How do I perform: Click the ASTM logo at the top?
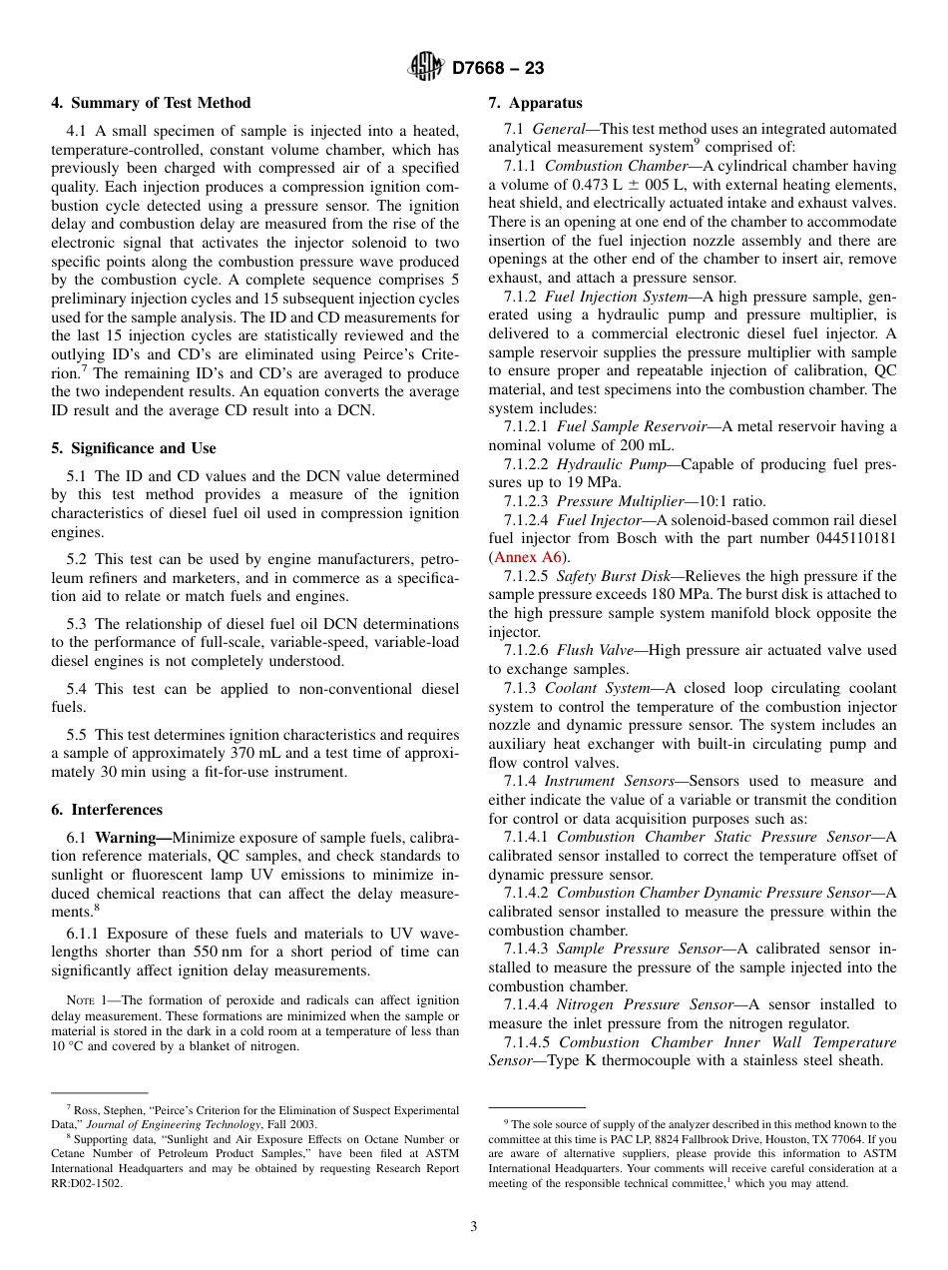tap(426, 68)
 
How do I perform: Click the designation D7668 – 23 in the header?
tap(498, 69)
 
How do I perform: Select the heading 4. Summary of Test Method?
tap(151, 103)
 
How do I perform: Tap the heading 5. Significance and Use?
tap(134, 448)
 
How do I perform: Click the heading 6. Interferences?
tap(107, 810)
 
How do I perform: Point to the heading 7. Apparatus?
tap(535, 103)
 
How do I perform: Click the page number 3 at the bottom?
tap(474, 1227)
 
